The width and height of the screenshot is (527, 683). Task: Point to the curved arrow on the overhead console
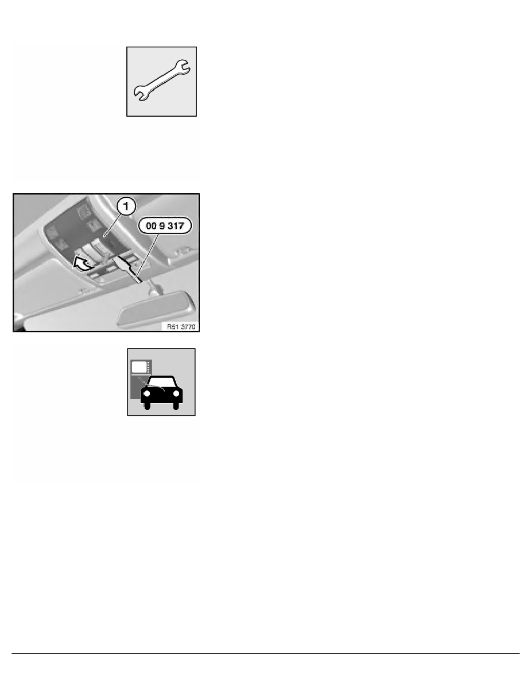tap(83, 264)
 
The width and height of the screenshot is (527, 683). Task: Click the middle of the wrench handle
tap(163, 81)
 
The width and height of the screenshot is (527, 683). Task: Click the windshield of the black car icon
tap(162, 383)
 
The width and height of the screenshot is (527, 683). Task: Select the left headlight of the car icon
tap(147, 394)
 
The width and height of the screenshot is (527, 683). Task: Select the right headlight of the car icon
tap(177, 394)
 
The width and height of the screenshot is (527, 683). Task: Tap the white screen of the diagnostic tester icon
tap(139, 366)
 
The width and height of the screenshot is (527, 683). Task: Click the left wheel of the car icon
tap(148, 406)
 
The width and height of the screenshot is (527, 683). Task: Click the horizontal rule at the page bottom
tap(263, 653)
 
